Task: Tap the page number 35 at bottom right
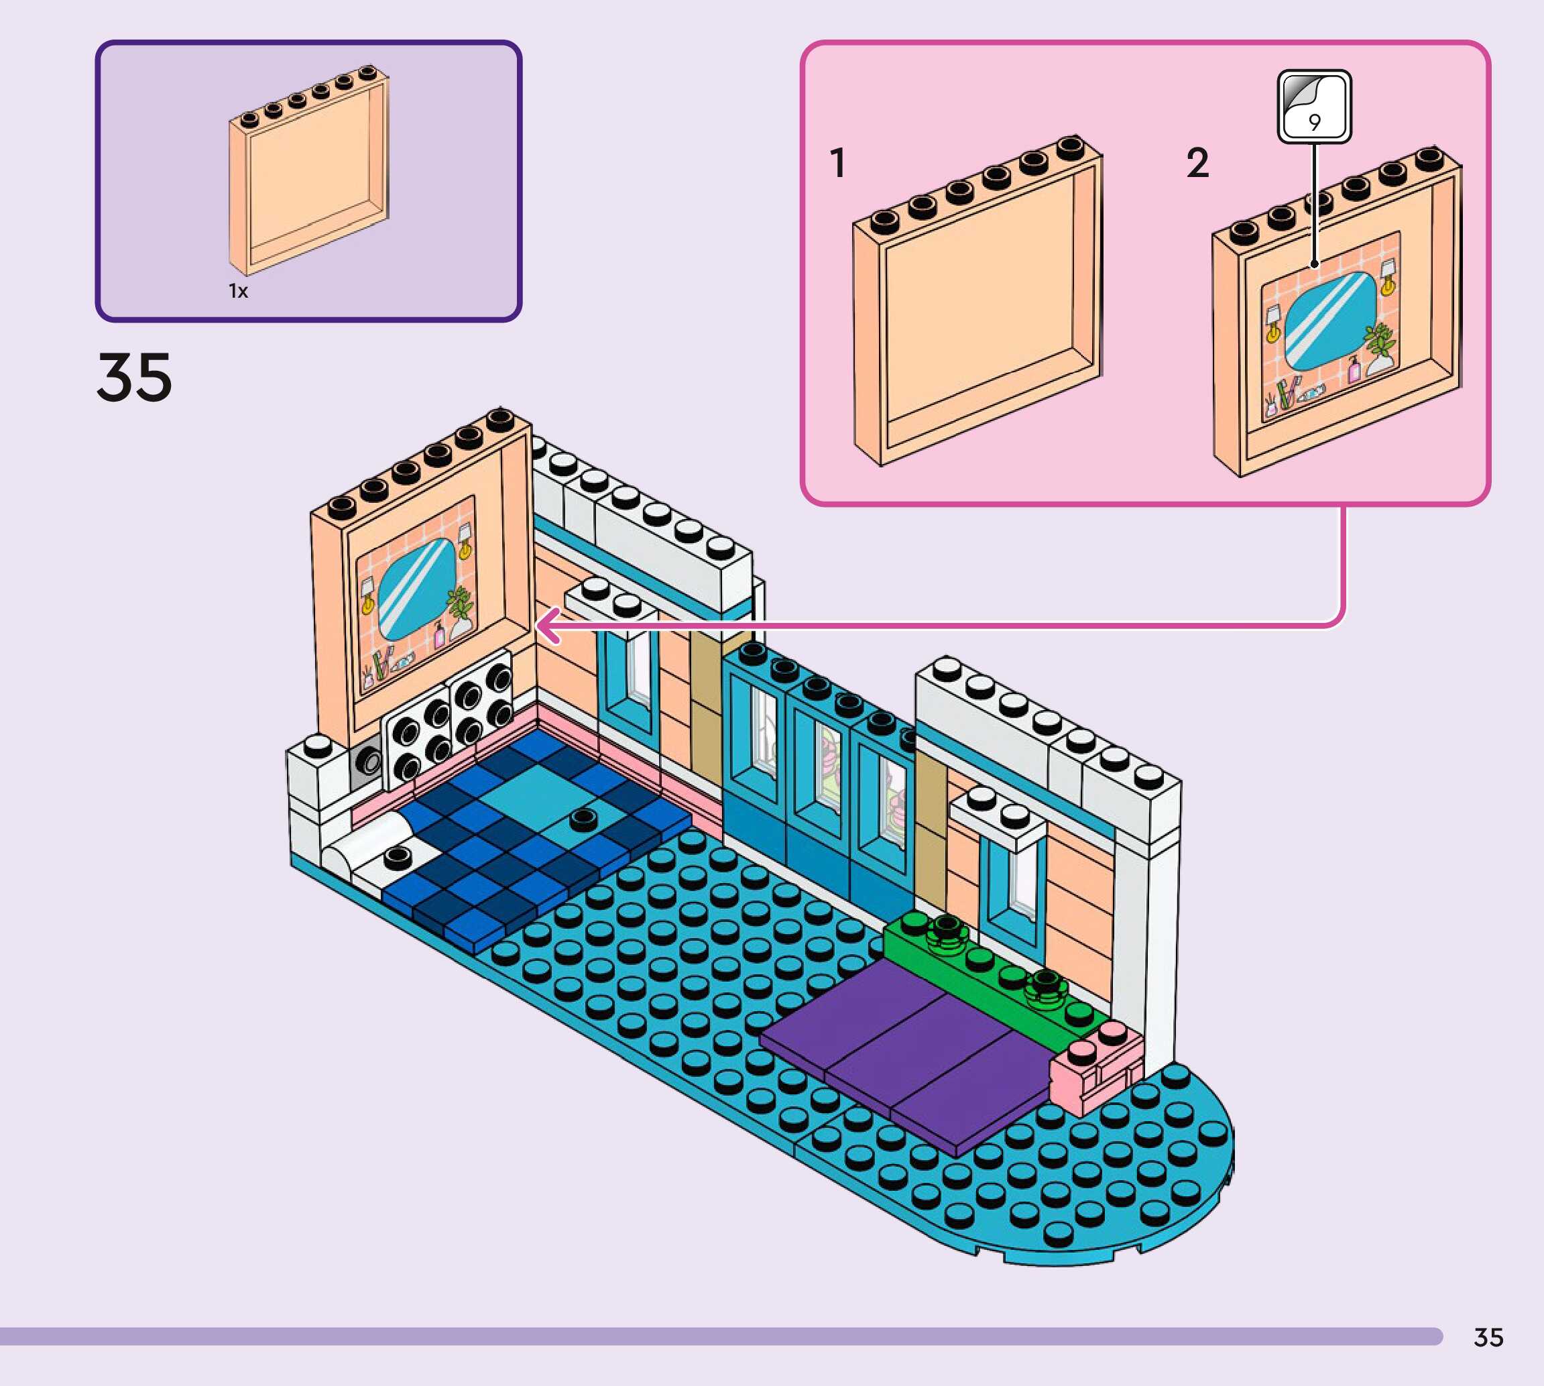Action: [x=1488, y=1337]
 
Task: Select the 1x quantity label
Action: [x=238, y=291]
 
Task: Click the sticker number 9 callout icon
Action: [x=1314, y=107]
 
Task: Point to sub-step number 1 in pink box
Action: [x=838, y=163]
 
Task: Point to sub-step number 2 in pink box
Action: [x=1197, y=163]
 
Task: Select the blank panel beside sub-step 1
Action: [x=977, y=304]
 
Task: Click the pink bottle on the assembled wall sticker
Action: [x=439, y=634]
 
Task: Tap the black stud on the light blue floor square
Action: [x=583, y=818]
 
